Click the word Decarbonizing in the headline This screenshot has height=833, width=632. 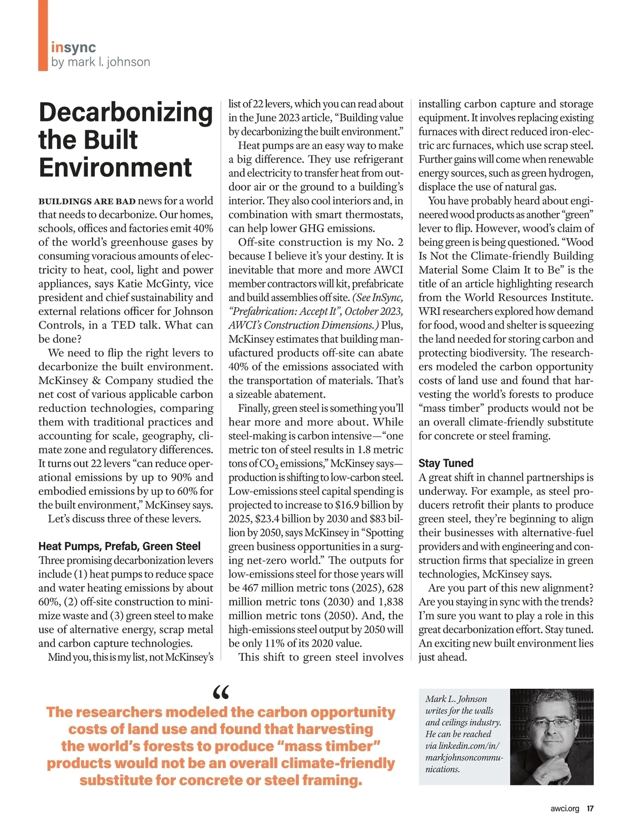(125, 113)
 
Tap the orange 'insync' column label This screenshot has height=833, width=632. (73, 47)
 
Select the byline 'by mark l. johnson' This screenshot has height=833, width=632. (101, 62)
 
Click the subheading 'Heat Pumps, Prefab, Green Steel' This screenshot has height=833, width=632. (120, 546)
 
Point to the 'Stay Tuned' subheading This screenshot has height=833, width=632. (446, 463)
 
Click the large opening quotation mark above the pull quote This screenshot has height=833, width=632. (221, 692)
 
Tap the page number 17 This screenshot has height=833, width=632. (590, 809)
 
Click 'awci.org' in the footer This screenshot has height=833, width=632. (565, 809)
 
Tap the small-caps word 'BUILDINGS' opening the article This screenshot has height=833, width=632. (65, 201)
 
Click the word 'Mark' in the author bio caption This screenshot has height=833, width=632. (437, 699)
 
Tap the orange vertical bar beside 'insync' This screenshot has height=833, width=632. (43, 35)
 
